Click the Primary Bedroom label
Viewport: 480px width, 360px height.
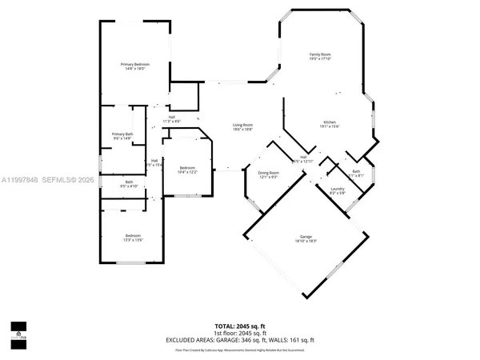tap(136, 64)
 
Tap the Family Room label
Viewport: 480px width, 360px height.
tap(320, 54)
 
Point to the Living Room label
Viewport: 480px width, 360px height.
tap(242, 125)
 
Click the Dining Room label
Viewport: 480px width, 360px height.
tap(268, 173)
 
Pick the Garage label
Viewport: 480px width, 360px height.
tap(306, 237)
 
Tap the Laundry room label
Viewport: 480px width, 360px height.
tap(337, 188)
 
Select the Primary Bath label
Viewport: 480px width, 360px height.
tap(122, 134)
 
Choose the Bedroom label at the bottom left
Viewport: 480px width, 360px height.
tap(133, 235)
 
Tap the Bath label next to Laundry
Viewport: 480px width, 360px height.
tap(356, 171)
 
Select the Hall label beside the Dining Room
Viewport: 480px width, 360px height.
tap(304, 157)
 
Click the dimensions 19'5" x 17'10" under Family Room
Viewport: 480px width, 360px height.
tap(320, 59)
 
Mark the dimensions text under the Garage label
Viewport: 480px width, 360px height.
tap(306, 242)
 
